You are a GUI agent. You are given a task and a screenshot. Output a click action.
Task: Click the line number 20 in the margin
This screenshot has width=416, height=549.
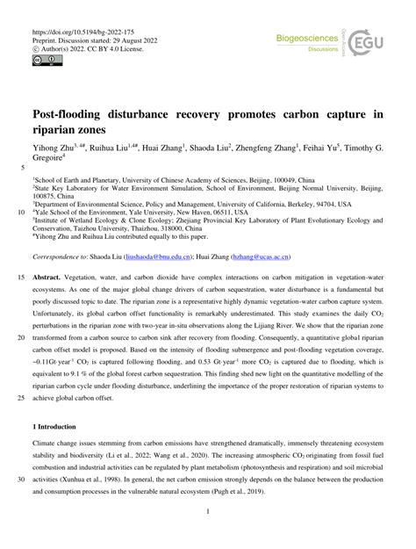(x=21, y=360)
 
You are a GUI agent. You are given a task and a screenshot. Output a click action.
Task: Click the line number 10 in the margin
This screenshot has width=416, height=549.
(x=21, y=211)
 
